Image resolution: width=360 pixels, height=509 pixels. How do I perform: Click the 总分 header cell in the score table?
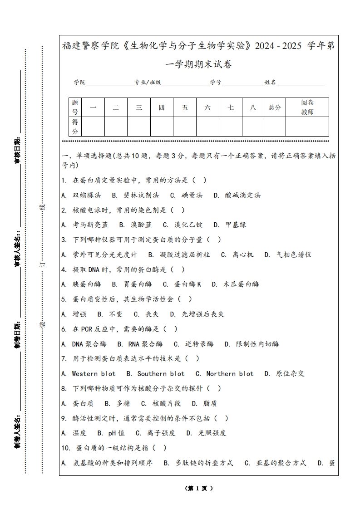pos(275,108)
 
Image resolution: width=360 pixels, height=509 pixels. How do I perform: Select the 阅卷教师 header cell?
pos(307,108)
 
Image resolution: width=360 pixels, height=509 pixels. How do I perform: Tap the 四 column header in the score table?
pos(162,108)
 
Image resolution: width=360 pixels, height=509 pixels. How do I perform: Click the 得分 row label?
pos(75,127)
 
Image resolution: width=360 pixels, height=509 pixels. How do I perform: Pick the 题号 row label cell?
pos(75,108)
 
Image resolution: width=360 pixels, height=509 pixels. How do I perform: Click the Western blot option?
pos(94,374)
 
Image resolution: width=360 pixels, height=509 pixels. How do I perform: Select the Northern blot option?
pos(230,374)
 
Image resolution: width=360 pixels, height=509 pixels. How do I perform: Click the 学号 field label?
pos(216,83)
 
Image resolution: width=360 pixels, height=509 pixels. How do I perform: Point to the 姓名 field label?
pos(270,83)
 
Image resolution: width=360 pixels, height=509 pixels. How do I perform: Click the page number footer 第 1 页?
pos(199,489)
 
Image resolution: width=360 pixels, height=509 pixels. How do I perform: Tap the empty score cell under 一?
pos(94,127)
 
